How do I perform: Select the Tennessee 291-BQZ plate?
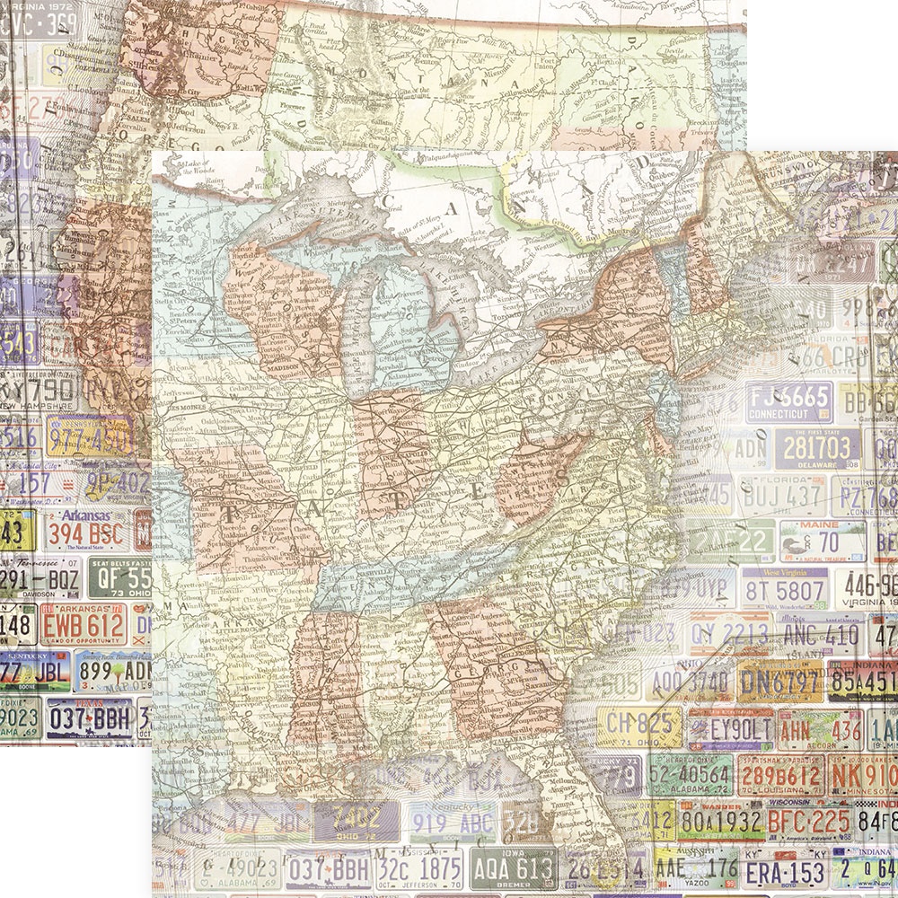click(40, 578)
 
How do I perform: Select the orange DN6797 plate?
click(779, 682)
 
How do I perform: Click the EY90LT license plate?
click(729, 728)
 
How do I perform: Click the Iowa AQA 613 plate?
click(513, 869)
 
